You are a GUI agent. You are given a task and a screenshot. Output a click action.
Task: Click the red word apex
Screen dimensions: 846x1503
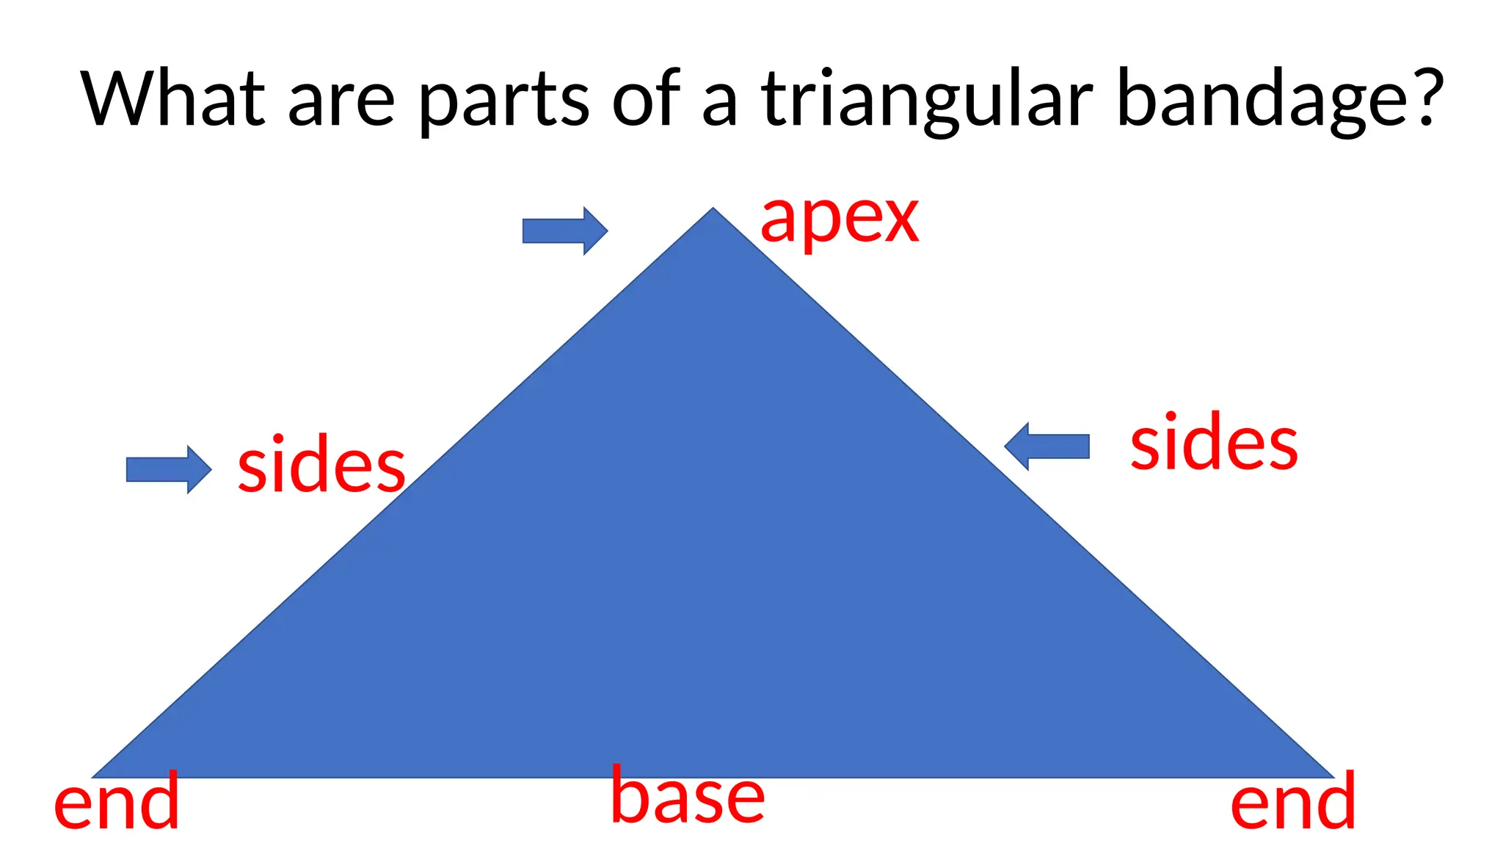click(x=839, y=220)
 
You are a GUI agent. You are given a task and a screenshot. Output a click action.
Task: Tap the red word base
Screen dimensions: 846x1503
click(x=688, y=796)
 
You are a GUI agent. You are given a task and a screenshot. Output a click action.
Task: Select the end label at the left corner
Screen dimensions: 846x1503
click(x=117, y=803)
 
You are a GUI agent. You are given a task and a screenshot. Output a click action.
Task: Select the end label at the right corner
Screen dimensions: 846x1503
click(x=1292, y=803)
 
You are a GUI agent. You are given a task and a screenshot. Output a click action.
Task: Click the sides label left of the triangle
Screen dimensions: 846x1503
click(x=321, y=466)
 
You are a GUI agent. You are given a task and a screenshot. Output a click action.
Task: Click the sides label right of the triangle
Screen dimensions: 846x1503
click(x=1214, y=444)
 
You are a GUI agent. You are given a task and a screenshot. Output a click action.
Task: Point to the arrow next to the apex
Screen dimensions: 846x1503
click(x=564, y=231)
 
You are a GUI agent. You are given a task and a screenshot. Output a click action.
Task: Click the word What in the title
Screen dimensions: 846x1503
click(x=173, y=98)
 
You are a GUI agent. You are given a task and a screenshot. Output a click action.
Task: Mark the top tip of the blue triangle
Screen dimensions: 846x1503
click(x=713, y=210)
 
